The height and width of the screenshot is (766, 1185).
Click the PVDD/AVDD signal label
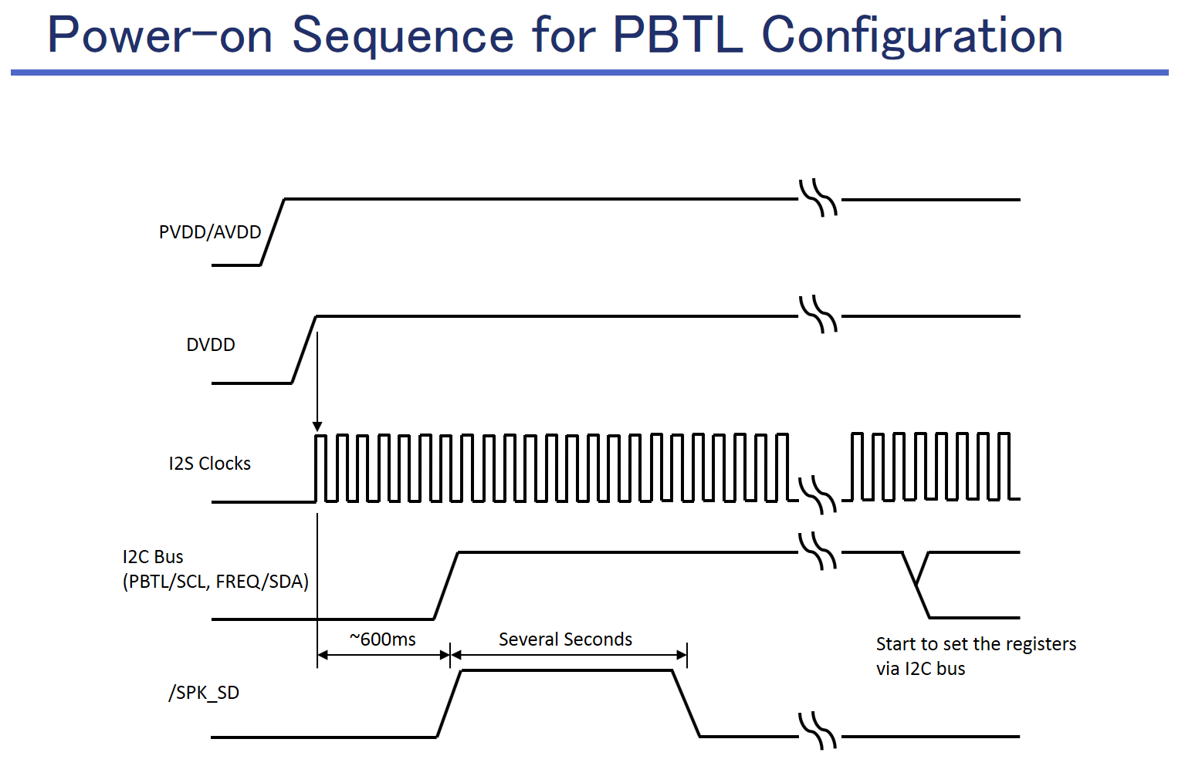[x=210, y=232]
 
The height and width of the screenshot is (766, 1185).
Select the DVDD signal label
[x=211, y=345]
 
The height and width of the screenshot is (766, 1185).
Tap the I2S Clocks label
[x=210, y=464]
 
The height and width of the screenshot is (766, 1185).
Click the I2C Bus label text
[x=153, y=557]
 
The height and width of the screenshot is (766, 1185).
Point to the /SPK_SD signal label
[x=204, y=693]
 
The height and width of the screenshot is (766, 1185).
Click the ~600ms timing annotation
[x=383, y=639]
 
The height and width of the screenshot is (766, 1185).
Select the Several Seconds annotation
[x=565, y=639]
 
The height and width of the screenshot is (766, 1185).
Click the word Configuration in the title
[x=912, y=35]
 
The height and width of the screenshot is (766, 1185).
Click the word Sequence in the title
[x=403, y=35]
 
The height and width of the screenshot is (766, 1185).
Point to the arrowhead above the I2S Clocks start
[x=317, y=427]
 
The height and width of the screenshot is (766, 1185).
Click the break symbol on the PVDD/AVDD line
[x=818, y=198]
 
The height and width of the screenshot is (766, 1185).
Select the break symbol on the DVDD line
[x=818, y=316]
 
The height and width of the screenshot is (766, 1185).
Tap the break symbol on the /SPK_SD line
[x=818, y=731]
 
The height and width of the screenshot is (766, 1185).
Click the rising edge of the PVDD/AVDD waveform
[x=273, y=232]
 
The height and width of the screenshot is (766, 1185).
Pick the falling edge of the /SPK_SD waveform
[x=686, y=704]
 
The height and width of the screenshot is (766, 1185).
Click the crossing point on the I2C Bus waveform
[x=916, y=582]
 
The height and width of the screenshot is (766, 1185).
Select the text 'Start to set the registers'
[x=976, y=644]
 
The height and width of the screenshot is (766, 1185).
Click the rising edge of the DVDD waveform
[x=304, y=349]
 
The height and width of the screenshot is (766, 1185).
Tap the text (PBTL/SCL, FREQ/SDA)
[x=215, y=582]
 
